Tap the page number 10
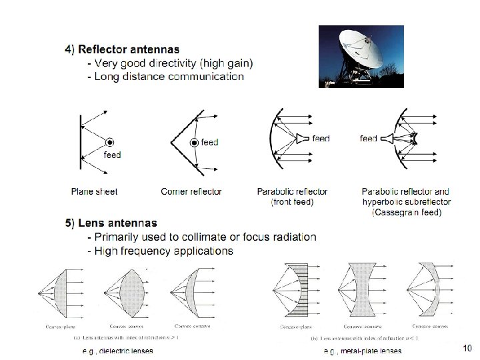467,348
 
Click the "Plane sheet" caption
94,191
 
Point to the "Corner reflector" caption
191,191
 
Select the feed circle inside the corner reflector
194,143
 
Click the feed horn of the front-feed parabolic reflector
303,139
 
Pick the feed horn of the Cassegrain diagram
388,139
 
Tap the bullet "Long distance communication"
169,77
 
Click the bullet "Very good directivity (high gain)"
173,63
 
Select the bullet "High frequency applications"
163,251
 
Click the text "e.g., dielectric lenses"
117,351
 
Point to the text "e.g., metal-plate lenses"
363,351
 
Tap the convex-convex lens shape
124,293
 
